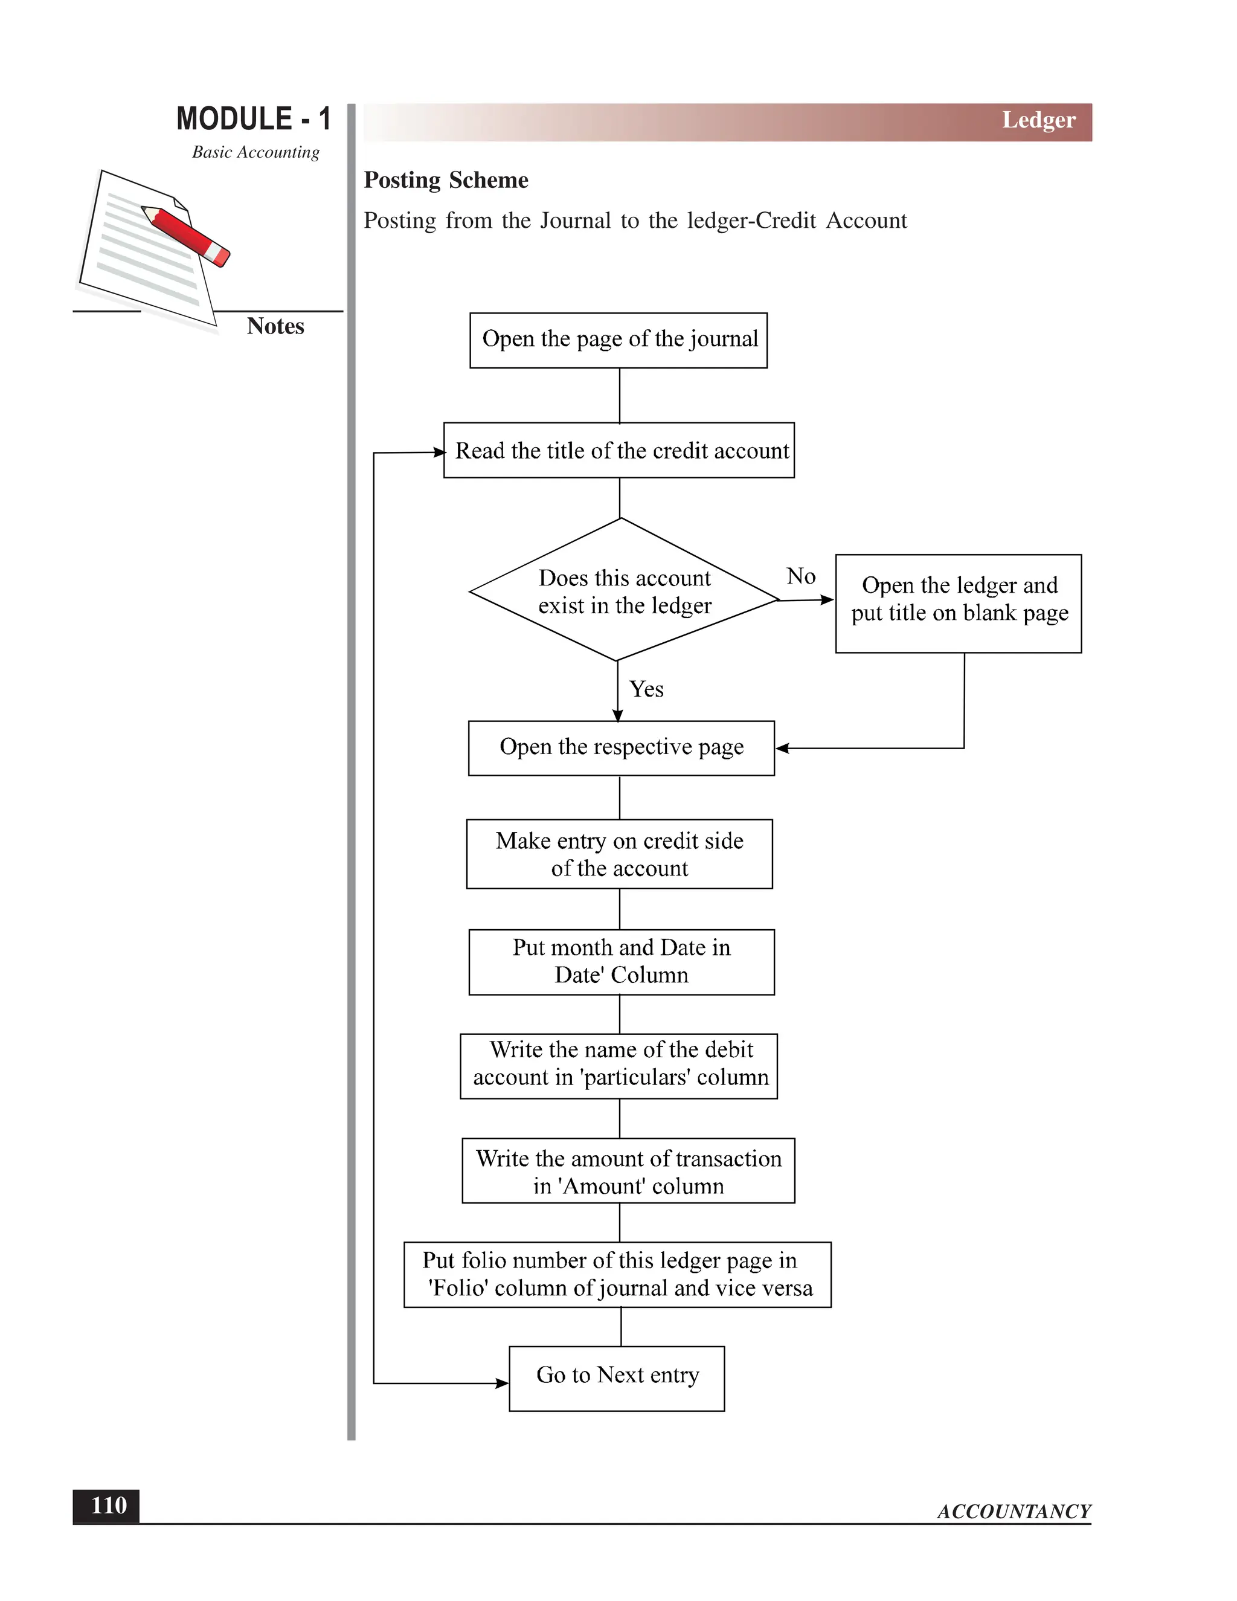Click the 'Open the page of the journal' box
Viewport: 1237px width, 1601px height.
pyautogui.click(x=618, y=340)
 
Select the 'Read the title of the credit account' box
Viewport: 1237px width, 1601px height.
pyautogui.click(x=618, y=450)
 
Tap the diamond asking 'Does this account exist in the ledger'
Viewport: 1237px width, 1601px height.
pyautogui.click(x=623, y=591)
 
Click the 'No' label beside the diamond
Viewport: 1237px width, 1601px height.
pyautogui.click(x=800, y=576)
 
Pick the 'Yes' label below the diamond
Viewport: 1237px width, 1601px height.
pyautogui.click(x=646, y=689)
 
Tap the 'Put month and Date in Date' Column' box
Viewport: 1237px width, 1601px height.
pyautogui.click(x=621, y=962)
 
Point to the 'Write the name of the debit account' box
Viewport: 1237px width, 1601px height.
pyautogui.click(x=618, y=1066)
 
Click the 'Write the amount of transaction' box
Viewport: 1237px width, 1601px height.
pyautogui.click(x=628, y=1171)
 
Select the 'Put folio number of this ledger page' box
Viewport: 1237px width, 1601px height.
pyautogui.click(x=617, y=1274)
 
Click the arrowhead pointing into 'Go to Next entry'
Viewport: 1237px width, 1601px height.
pyautogui.click(x=503, y=1384)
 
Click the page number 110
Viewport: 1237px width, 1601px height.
pyautogui.click(x=107, y=1506)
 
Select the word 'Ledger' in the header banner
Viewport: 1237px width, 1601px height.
pyautogui.click(x=1038, y=120)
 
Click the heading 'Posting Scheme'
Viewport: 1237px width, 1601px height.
pyautogui.click(x=446, y=180)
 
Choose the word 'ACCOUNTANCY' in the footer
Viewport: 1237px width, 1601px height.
pyautogui.click(x=1014, y=1511)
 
